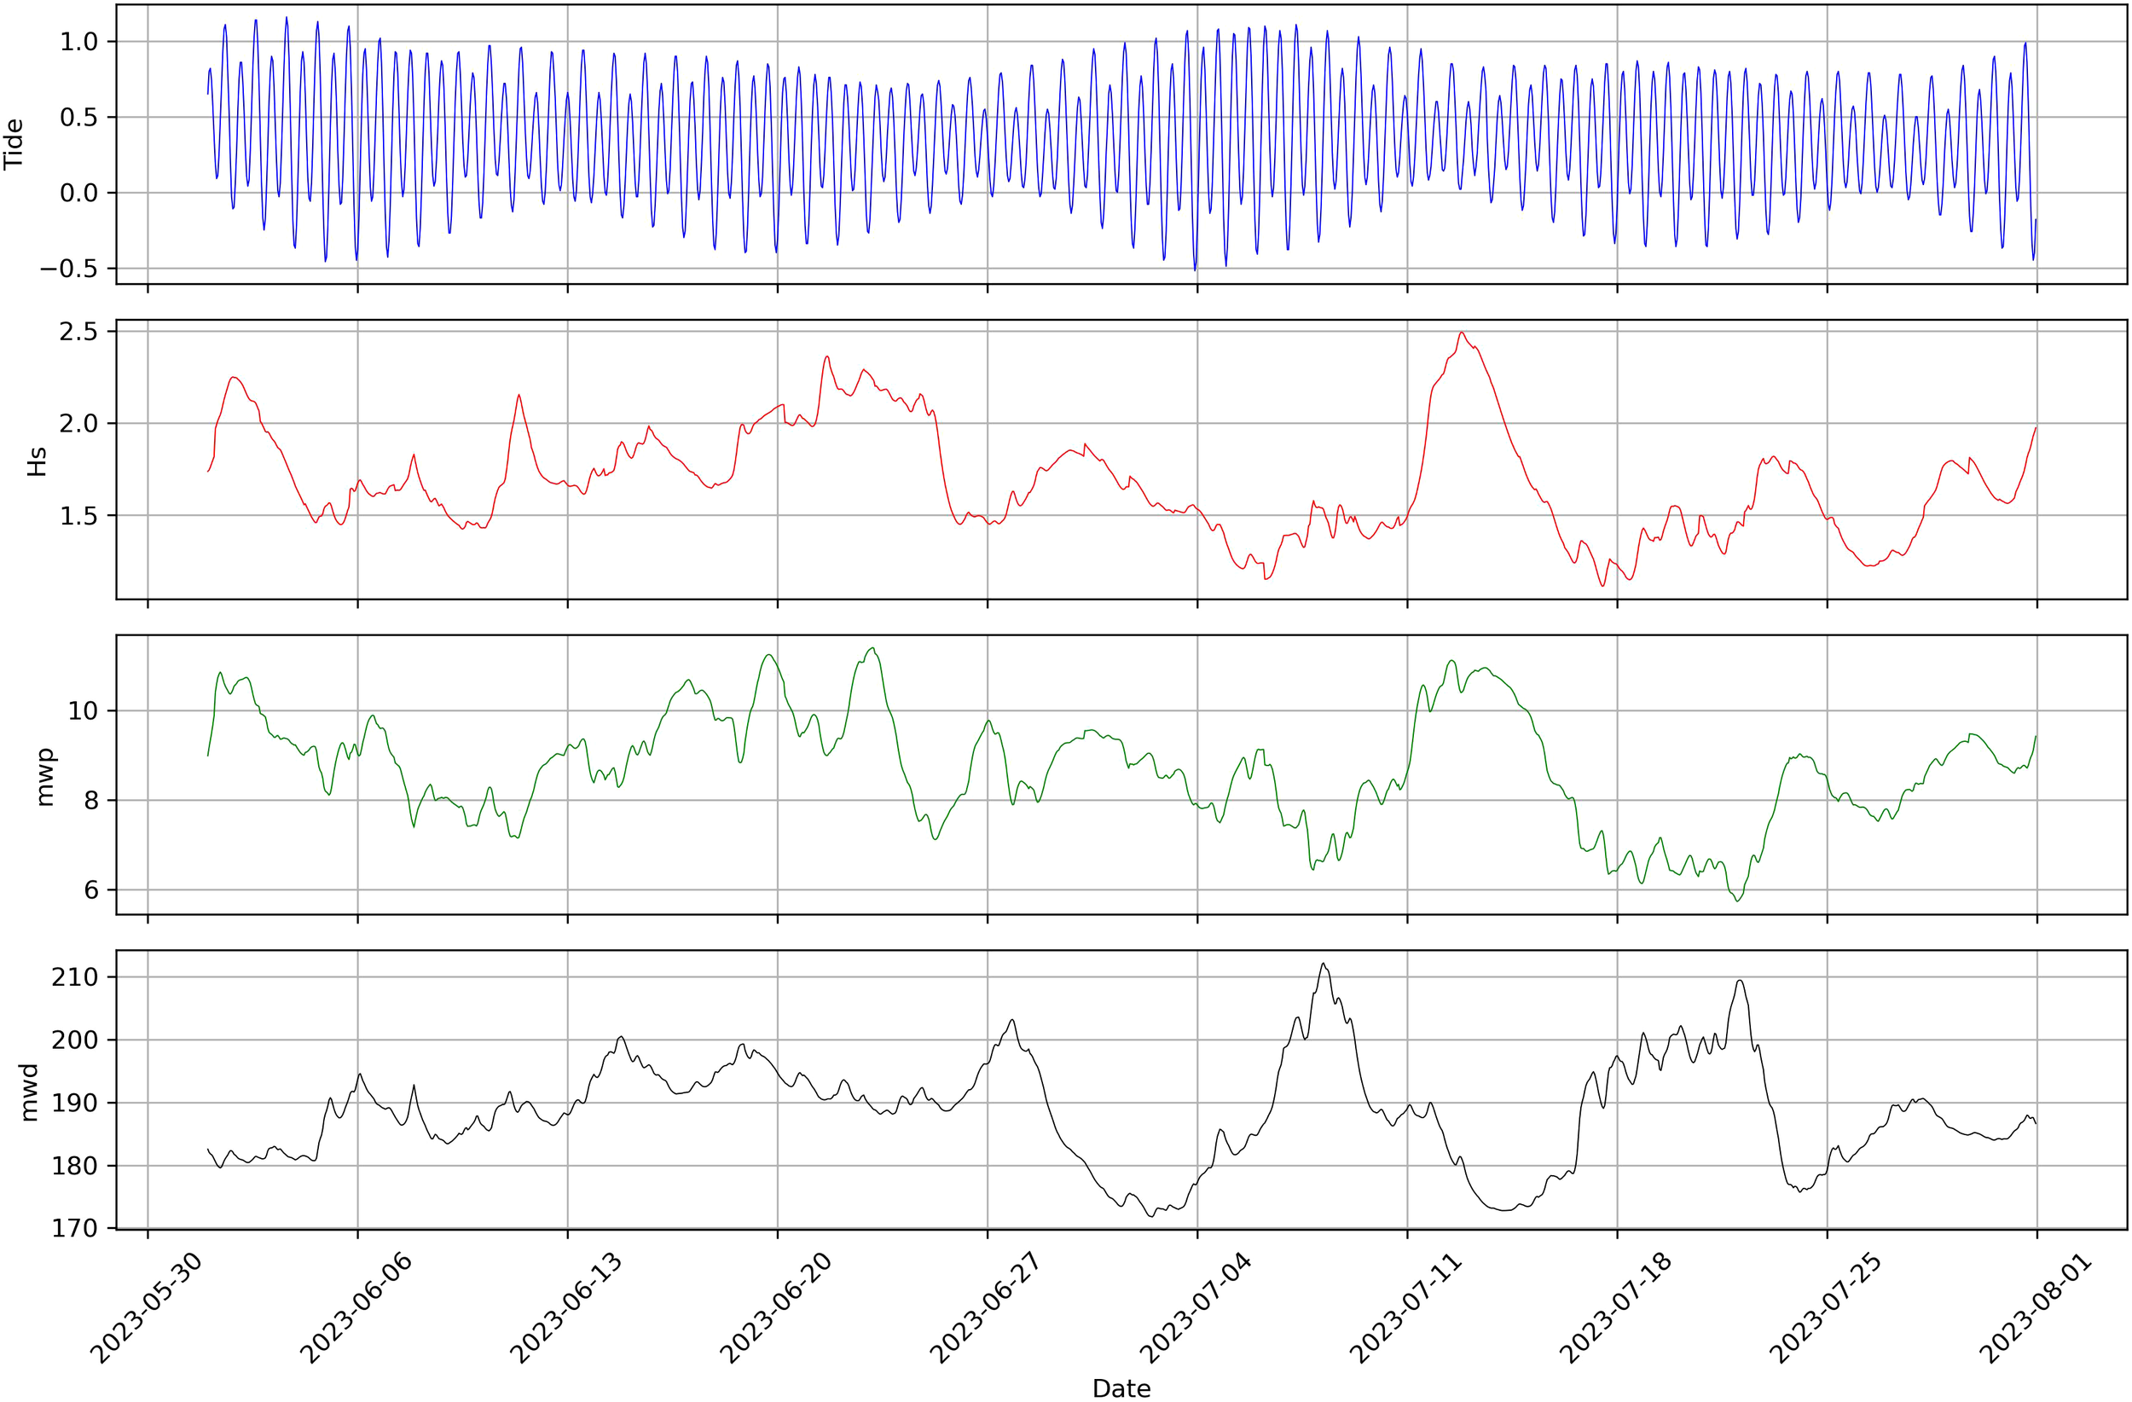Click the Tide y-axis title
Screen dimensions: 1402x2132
[14, 144]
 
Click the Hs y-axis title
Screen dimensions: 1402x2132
[37, 461]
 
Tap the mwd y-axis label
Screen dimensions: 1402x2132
[30, 1092]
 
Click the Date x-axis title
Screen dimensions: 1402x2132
[1121, 1388]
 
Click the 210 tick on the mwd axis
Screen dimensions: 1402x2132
[74, 977]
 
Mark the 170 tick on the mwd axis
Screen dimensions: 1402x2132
[74, 1228]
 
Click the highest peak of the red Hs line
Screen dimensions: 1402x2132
[1461, 333]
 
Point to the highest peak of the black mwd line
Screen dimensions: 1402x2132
[1323, 964]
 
